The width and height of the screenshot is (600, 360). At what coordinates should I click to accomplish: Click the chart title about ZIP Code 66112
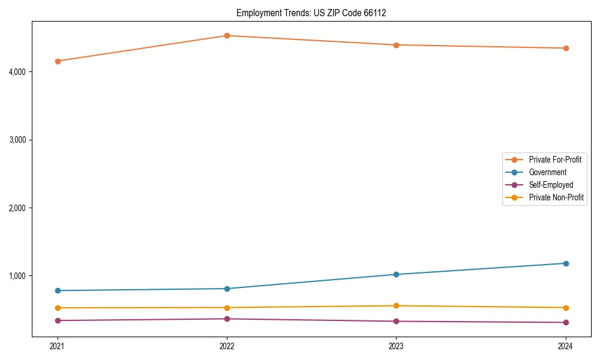[x=311, y=13]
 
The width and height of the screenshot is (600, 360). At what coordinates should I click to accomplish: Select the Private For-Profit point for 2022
[x=227, y=35]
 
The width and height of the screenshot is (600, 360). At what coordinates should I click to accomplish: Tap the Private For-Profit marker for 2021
[x=58, y=61]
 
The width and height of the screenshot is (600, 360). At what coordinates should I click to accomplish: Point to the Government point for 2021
[x=58, y=290]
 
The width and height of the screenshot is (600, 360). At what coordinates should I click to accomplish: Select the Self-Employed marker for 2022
[x=227, y=319]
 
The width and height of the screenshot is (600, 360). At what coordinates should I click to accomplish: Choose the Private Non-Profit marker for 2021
[x=58, y=308]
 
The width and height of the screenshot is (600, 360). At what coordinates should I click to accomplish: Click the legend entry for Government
[x=547, y=172]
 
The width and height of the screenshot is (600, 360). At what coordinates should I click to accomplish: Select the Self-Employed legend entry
[x=551, y=185]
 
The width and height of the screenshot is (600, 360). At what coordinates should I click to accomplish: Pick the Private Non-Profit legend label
[x=556, y=197]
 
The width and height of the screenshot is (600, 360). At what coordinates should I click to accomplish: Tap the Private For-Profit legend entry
[x=555, y=160]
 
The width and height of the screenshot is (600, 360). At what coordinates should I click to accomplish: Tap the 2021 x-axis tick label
[x=58, y=346]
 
